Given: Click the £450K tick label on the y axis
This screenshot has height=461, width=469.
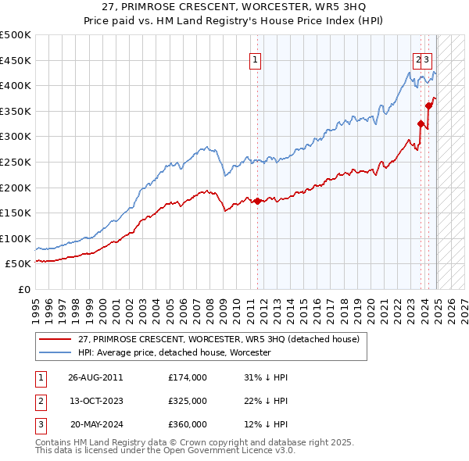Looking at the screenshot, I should [x=16, y=60].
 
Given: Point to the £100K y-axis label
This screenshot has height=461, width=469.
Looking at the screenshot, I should [x=16, y=238].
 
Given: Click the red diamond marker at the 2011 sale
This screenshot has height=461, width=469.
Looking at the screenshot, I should [x=258, y=201].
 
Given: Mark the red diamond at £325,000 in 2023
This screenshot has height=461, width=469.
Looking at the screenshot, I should [x=421, y=123].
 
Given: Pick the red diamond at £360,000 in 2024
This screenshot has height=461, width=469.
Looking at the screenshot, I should [x=428, y=105].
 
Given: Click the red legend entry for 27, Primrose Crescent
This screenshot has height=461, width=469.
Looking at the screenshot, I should [x=218, y=339].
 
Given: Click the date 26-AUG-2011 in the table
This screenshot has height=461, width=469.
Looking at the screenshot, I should [x=95, y=377].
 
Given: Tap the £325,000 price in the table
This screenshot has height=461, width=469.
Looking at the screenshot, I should [x=188, y=401].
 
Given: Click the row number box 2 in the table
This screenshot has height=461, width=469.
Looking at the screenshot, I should [x=40, y=401].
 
